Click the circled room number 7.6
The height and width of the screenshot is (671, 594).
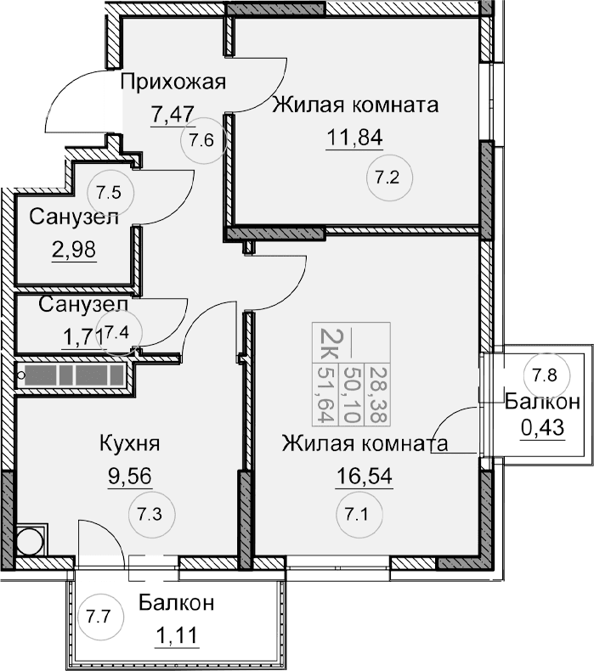coord(201,140)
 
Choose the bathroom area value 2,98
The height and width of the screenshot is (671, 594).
coord(72,249)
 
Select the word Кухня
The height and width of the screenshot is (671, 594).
coord(130,443)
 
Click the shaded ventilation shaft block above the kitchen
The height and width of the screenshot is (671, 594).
coord(72,376)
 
